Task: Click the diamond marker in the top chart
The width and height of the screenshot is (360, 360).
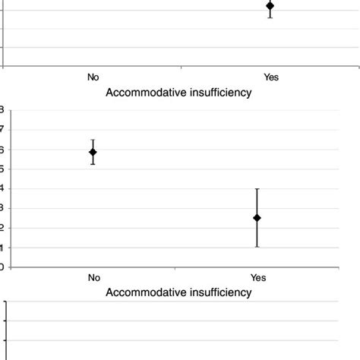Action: (x=270, y=6)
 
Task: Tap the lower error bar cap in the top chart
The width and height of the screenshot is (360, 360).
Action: (x=270, y=17)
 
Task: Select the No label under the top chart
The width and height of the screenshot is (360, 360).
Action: (x=93, y=77)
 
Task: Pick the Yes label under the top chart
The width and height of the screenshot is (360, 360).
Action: (x=271, y=77)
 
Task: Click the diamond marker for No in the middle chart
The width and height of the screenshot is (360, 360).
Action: (x=93, y=152)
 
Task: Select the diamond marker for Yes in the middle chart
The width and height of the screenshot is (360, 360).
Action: (x=257, y=218)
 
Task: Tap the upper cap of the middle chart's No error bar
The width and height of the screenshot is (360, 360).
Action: (x=93, y=140)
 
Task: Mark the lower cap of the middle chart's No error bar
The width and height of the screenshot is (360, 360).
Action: (x=93, y=164)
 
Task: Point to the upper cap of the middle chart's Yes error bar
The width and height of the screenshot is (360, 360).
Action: (x=257, y=189)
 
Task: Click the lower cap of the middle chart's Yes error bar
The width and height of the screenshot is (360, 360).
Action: (x=257, y=246)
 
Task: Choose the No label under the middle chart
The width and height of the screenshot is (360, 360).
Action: (x=93, y=278)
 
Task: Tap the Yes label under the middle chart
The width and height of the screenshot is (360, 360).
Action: (x=258, y=278)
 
